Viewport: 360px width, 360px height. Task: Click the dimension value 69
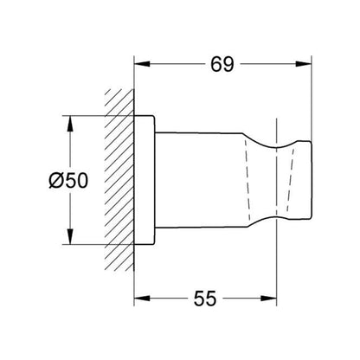click(222, 64)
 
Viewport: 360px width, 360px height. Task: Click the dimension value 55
click(205, 299)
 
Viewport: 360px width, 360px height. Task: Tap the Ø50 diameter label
click(68, 181)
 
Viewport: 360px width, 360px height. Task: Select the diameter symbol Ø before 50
click(56, 181)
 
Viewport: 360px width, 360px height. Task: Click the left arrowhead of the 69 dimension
click(142, 64)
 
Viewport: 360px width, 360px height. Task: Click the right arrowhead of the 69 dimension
click(304, 64)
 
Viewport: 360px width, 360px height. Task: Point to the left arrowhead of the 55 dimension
click(142, 299)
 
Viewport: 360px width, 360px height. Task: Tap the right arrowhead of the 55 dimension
click(269, 299)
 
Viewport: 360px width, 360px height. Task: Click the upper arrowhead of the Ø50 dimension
click(69, 124)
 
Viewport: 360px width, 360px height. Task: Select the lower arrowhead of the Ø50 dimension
click(69, 236)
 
